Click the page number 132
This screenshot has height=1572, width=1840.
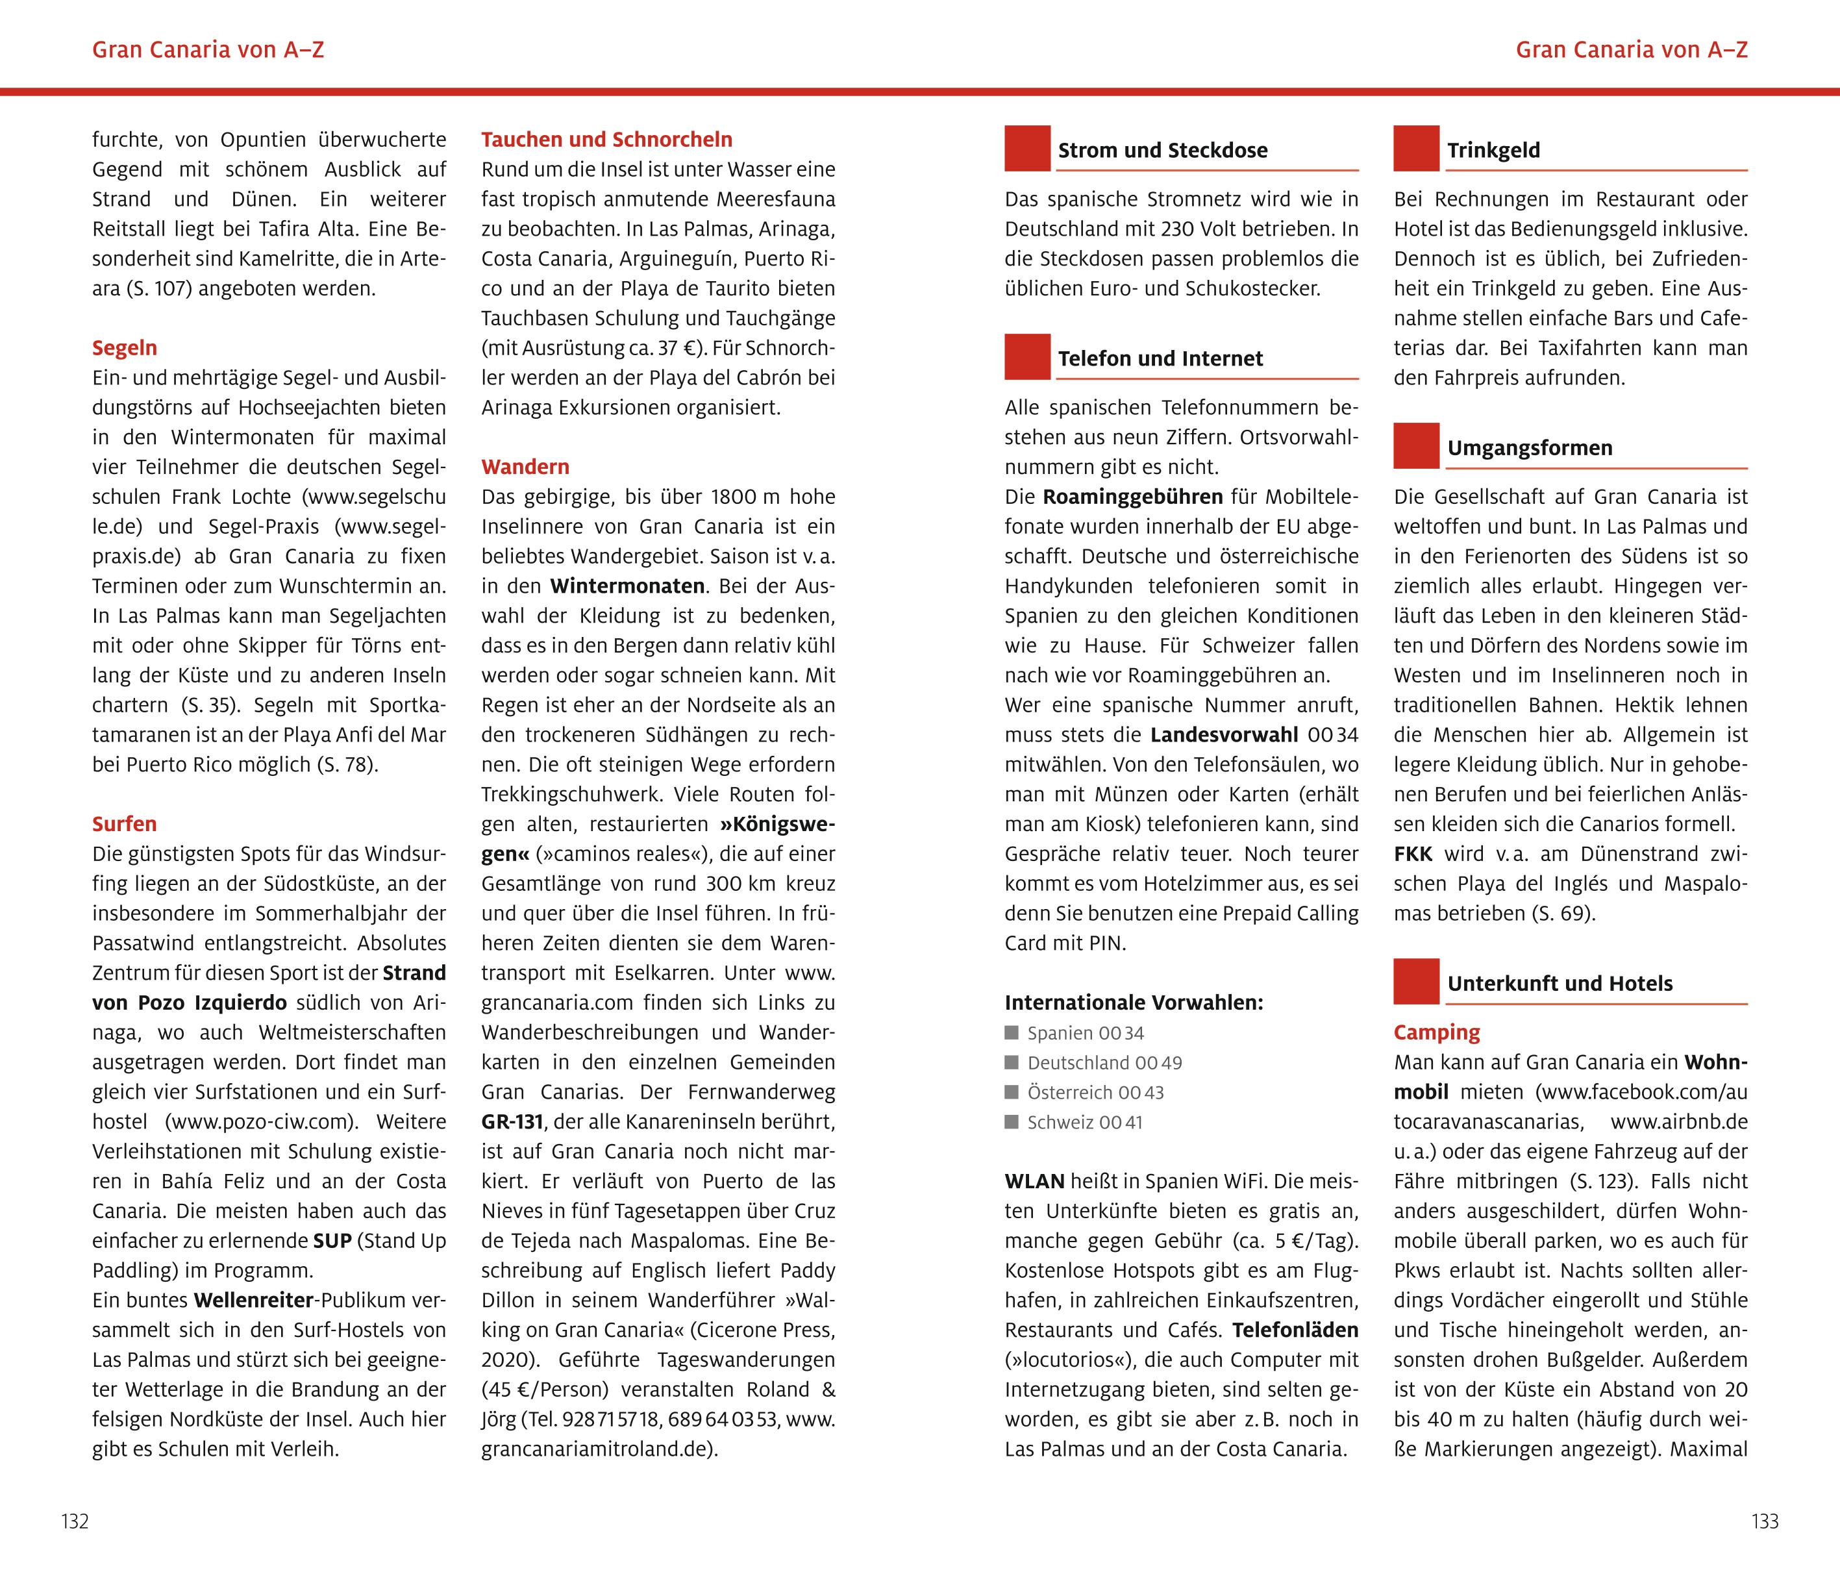tap(75, 1521)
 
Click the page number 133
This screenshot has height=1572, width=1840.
tap(1765, 1521)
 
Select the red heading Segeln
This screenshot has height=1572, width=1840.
tap(124, 348)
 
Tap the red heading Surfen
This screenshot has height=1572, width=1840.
tap(124, 824)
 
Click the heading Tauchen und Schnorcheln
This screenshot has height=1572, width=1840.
tap(606, 140)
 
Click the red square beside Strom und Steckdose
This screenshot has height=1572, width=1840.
tap(1027, 148)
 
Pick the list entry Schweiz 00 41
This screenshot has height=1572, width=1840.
tap(1084, 1123)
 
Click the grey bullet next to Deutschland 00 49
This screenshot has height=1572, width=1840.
tap(1012, 1063)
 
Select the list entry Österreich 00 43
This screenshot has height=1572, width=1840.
tap(1095, 1092)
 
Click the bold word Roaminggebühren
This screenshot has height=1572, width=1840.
tap(1132, 497)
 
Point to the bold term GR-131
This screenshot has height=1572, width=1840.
tap(512, 1122)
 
